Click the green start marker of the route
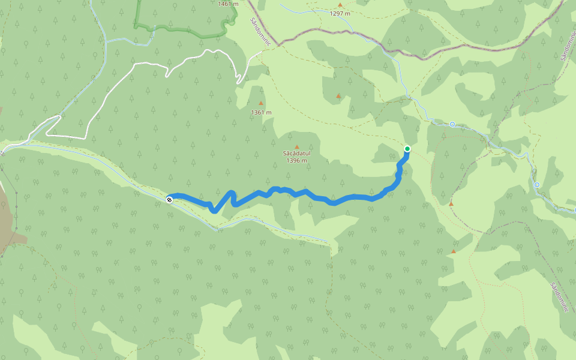(407, 149)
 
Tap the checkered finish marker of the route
(169, 199)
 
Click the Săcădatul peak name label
(296, 154)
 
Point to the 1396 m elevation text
(296, 160)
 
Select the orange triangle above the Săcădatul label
(296, 146)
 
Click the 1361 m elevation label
(261, 112)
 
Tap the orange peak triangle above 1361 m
(260, 103)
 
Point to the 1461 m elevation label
(229, 4)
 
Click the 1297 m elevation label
(340, 13)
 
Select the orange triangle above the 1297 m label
(340, 5)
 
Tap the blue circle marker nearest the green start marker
(452, 124)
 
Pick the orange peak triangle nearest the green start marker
(451, 203)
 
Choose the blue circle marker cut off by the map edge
(574, 210)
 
